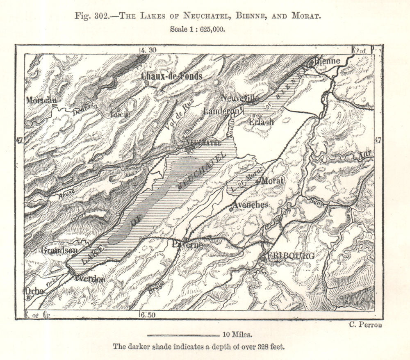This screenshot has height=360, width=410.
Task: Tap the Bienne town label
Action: coord(327,61)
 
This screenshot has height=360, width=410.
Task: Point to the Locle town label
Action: coord(120,114)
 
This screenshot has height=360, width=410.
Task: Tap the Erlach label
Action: coord(261,122)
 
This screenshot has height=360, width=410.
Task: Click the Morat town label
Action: coord(272,180)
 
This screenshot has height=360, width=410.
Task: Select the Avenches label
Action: coord(250,205)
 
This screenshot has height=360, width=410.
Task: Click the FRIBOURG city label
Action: coord(291,256)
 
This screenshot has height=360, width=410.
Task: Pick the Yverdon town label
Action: coord(90,279)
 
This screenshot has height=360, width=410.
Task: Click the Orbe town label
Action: coord(34,290)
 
